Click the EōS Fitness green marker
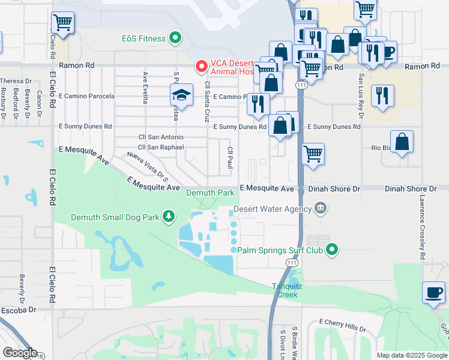(175, 39)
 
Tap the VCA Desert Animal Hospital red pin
(202, 66)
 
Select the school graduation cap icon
(181, 94)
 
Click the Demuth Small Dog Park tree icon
(169, 217)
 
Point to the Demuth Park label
(210, 193)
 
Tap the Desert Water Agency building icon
(321, 209)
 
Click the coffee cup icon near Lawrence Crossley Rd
(433, 292)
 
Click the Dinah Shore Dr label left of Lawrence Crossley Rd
(334, 188)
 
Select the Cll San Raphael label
(160, 147)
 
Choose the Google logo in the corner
(20, 353)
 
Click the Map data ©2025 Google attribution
(412, 355)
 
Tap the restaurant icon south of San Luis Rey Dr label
(382, 95)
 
